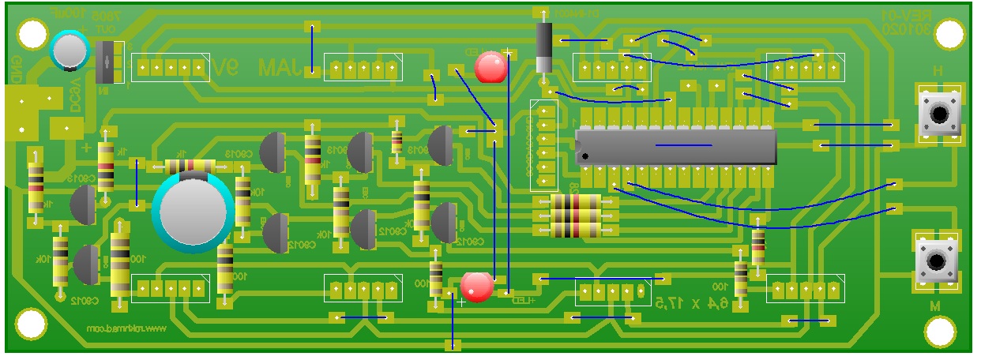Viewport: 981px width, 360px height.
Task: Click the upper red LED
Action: coord(491,68)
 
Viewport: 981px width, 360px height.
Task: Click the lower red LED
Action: coord(477,287)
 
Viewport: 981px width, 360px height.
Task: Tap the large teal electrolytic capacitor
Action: coord(192,211)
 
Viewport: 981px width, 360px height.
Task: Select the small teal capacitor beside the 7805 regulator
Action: coord(70,50)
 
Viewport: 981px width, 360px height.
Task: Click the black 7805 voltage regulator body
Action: coord(110,62)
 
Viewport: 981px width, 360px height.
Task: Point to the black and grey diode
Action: coord(543,47)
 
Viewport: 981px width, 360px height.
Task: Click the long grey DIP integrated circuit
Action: coord(676,147)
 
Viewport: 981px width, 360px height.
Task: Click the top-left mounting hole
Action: coord(32,34)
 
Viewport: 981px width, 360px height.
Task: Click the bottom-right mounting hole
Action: coord(945,330)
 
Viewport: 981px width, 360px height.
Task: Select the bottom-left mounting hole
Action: coord(30,324)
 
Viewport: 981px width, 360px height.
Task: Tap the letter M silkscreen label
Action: coord(934,305)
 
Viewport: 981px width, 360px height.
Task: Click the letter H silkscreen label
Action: coord(938,71)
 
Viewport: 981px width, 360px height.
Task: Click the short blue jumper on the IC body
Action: coord(683,145)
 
